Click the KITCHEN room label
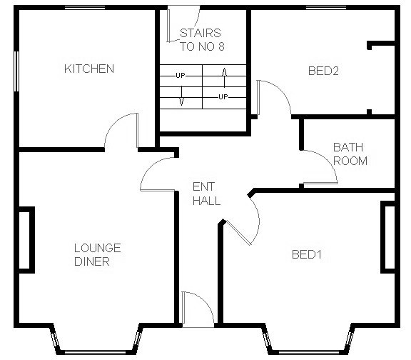coord(89,69)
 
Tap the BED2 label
coord(323,71)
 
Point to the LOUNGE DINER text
coord(98,254)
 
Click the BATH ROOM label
coord(350,154)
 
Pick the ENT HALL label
coord(206,194)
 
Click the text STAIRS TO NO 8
coord(200,39)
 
